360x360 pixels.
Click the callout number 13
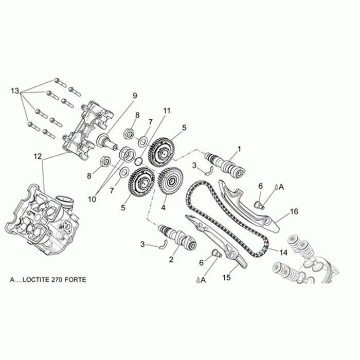[15, 91]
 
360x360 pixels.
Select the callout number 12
[37, 155]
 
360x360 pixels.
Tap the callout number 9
[135, 96]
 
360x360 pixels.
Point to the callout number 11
[166, 111]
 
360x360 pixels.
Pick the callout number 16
[294, 211]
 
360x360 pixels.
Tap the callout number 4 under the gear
[164, 208]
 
